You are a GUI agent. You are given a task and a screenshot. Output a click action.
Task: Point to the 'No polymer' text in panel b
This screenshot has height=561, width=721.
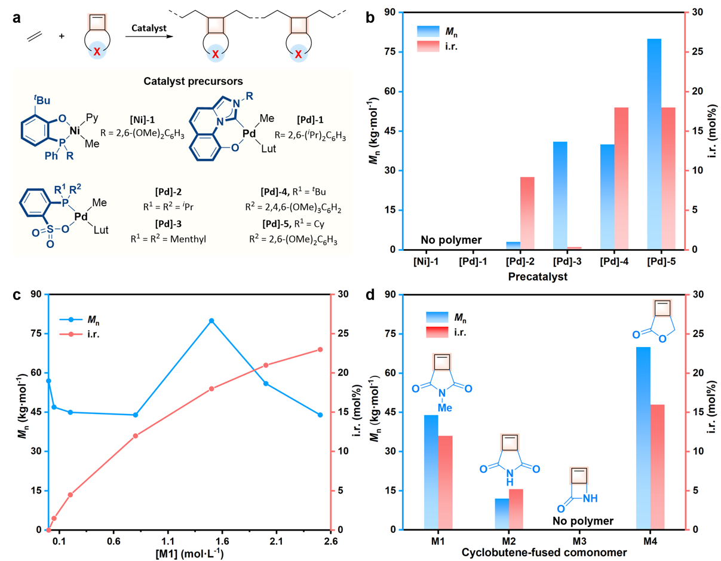pyautogui.click(x=449, y=240)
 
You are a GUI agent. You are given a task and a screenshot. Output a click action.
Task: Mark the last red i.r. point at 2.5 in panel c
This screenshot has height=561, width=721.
pyautogui.click(x=320, y=350)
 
